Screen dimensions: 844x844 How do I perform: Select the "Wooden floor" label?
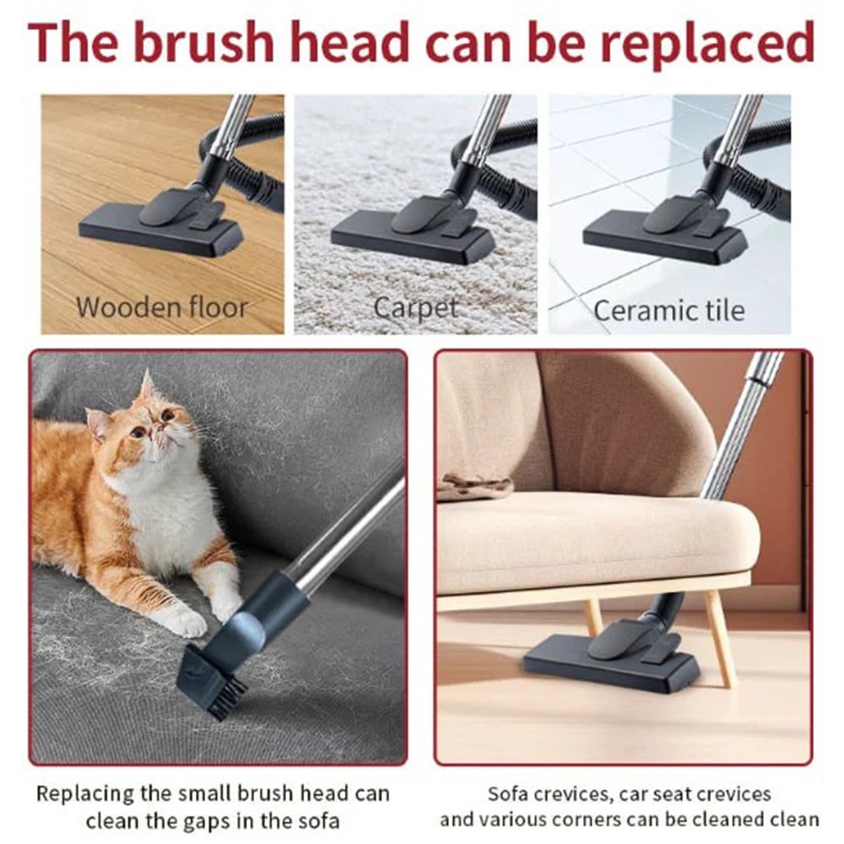161,307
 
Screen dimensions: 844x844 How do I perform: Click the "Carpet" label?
415,308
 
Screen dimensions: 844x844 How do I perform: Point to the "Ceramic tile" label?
669,311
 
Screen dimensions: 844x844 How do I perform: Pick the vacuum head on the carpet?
413,230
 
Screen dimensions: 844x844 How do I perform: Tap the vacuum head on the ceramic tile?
665,230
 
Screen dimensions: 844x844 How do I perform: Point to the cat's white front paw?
185,621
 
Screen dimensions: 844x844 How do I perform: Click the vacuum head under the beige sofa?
612,657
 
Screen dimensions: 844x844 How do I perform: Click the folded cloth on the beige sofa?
474,486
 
